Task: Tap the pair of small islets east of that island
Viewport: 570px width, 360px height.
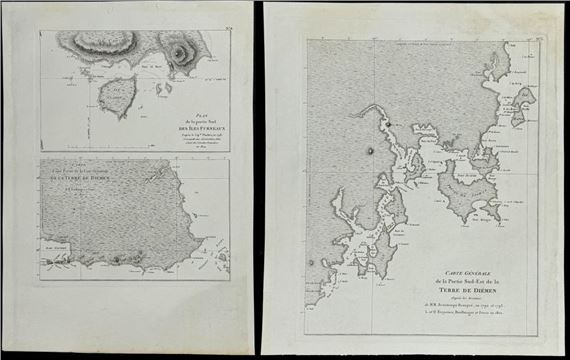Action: [157, 103]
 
